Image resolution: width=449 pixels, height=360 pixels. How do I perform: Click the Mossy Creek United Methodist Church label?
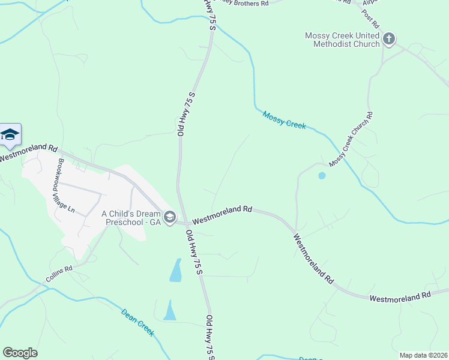pos(342,40)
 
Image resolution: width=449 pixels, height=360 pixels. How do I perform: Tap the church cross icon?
pos(388,40)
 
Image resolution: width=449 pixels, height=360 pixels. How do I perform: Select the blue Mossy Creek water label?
pos(284,119)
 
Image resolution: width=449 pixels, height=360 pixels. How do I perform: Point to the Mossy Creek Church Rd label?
pos(351,139)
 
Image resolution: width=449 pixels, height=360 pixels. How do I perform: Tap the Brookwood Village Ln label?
pos(64,187)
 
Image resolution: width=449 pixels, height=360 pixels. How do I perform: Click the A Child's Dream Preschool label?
pos(131,217)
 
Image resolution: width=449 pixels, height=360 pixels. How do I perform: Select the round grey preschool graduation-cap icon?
pos(169,217)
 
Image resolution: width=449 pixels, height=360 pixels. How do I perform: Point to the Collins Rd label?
pos(59,275)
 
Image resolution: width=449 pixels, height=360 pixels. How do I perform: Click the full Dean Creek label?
pos(137,322)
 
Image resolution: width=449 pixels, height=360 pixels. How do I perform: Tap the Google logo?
pos(20,353)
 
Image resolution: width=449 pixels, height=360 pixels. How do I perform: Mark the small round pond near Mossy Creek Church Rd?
pos(322,176)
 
